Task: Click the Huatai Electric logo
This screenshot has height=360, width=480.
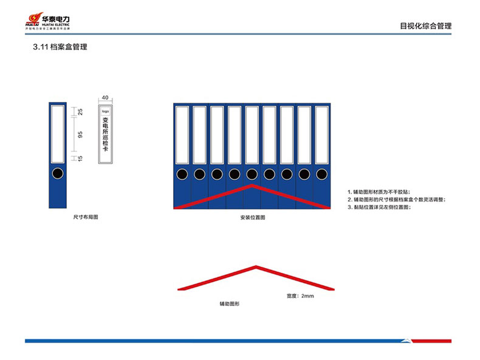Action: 47,21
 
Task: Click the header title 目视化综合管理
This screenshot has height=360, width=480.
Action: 425,26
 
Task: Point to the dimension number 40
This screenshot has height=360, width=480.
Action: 105,97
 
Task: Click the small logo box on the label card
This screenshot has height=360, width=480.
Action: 105,111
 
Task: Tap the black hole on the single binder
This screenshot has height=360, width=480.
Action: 57,174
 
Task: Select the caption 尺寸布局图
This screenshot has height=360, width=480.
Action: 86,217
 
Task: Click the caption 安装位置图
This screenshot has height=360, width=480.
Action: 252,217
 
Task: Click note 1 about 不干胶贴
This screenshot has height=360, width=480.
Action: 383,191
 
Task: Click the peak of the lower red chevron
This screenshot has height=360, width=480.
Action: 256,266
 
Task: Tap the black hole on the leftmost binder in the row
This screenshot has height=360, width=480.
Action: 182,175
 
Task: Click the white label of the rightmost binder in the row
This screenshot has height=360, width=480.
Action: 322,134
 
